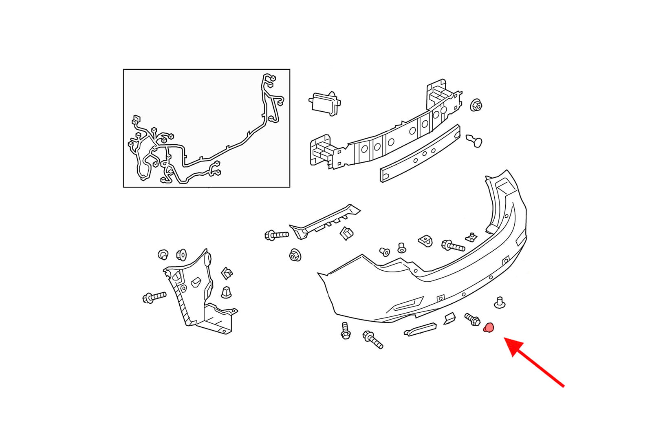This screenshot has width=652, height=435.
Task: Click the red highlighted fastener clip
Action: (x=489, y=327)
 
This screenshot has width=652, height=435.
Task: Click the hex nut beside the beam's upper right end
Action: (x=476, y=105)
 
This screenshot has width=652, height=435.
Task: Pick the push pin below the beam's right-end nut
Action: (x=475, y=141)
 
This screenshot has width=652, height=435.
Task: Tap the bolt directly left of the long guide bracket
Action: (x=276, y=235)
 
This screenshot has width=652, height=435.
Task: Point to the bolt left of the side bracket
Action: (x=154, y=297)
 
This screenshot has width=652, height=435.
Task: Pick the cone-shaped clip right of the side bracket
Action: (x=226, y=292)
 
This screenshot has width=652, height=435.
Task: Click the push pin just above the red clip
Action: (x=499, y=303)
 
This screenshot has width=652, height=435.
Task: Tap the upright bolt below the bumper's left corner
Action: (x=346, y=330)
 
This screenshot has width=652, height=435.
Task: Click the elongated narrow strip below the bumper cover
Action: (x=420, y=329)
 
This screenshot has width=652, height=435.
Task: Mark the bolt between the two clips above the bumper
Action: (x=453, y=246)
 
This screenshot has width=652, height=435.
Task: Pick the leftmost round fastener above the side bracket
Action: (x=163, y=255)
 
